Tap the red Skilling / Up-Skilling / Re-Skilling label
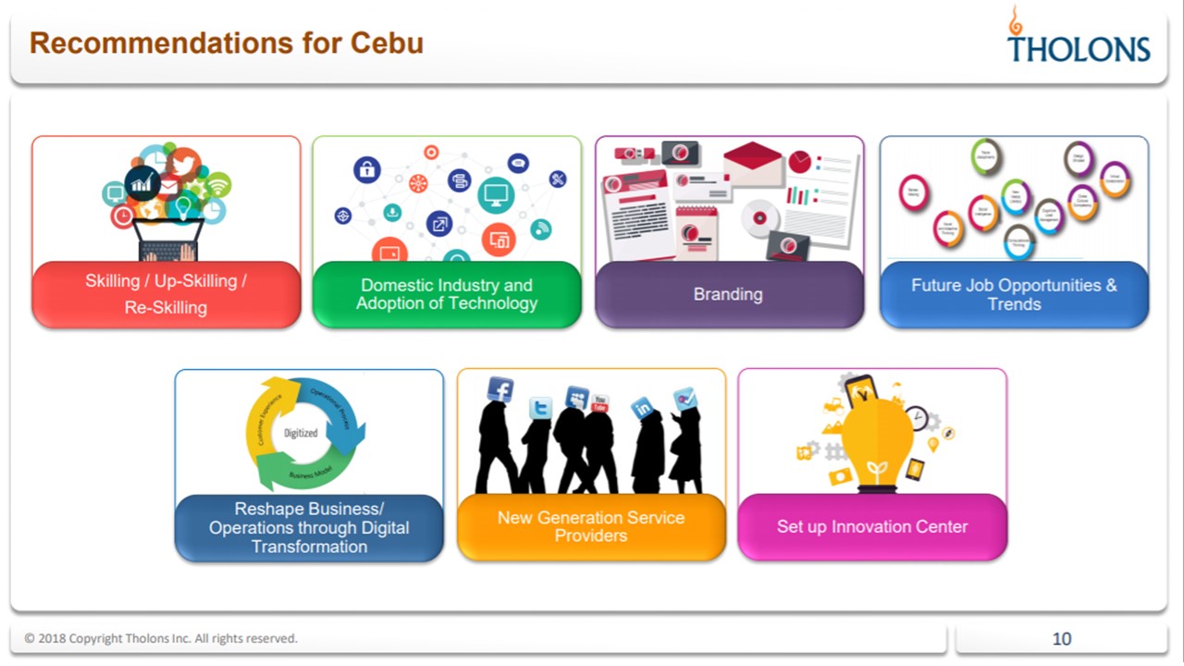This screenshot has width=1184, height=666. pos(166,294)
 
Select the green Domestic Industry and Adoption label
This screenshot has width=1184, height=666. pos(447,294)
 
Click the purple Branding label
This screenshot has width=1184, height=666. pos(728,294)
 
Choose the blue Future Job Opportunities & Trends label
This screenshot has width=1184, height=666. pos(1014,294)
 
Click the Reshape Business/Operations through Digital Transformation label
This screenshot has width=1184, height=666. pos(309,527)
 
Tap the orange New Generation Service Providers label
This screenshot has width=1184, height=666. pos(591,526)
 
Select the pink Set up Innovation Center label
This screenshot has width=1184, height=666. pos(871,526)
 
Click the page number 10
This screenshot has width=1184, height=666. pos(1061,638)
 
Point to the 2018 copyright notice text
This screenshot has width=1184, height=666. pos(161,638)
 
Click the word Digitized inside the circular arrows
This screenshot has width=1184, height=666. pos(301,433)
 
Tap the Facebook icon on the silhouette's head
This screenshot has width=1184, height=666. pos(500,389)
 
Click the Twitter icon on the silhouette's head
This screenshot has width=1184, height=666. pos(540,408)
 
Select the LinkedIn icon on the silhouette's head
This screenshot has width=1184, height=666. pos(642,408)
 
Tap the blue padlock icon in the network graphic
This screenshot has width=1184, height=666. pos(367,169)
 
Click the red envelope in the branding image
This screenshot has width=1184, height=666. pos(753,164)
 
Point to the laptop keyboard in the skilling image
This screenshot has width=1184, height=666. pos(167,252)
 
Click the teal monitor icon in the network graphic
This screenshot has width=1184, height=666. pos(496,194)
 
